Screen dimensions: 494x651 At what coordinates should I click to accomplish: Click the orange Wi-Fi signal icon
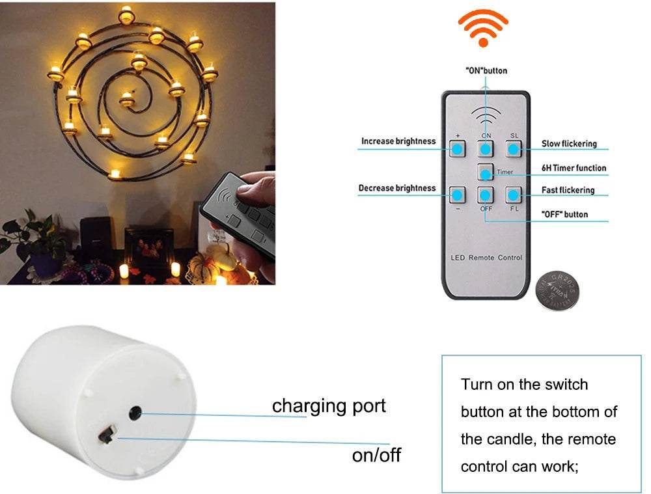(x=483, y=28)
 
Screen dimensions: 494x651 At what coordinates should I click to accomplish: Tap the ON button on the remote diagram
(x=486, y=149)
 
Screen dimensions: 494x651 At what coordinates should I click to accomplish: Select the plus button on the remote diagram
(x=458, y=149)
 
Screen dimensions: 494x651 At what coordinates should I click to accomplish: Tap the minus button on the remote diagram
(x=458, y=194)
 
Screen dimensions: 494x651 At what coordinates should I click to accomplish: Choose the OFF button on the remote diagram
(x=486, y=194)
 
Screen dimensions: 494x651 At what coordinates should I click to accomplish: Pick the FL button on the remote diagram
(x=514, y=194)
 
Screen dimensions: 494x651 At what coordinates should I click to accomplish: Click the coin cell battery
(x=557, y=293)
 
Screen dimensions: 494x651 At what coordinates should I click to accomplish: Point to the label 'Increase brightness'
(x=398, y=141)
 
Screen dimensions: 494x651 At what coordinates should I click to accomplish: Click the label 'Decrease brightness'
(x=397, y=188)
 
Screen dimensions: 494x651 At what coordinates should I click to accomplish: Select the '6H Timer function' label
(x=574, y=168)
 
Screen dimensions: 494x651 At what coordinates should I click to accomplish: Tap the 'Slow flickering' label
(x=569, y=144)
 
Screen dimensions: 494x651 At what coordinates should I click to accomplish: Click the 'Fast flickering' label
(x=568, y=190)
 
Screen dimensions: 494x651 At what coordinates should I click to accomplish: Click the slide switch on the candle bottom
(x=107, y=434)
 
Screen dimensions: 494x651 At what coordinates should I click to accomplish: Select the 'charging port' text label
(x=329, y=406)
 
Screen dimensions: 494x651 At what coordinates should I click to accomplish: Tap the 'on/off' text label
(x=376, y=455)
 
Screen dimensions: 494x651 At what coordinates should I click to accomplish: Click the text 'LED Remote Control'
(x=486, y=258)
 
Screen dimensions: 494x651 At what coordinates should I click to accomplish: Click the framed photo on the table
(x=148, y=248)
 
